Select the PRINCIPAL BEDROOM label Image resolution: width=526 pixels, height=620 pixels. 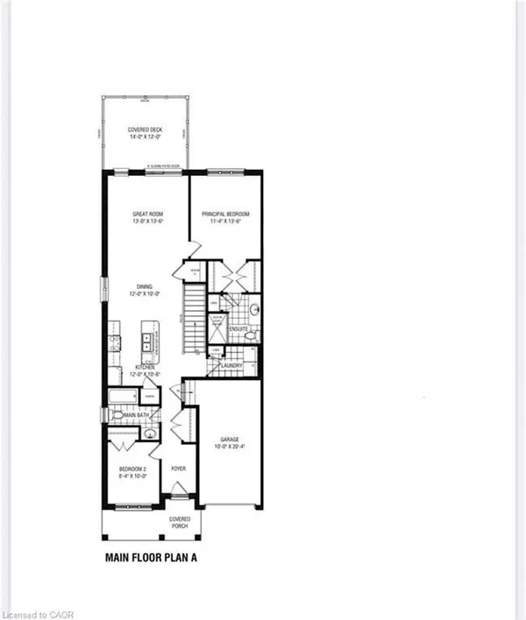(227, 214)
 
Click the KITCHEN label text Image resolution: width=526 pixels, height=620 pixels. (145, 367)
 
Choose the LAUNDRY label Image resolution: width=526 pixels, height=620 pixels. (231, 366)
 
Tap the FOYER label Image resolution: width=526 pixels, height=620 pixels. (179, 469)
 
